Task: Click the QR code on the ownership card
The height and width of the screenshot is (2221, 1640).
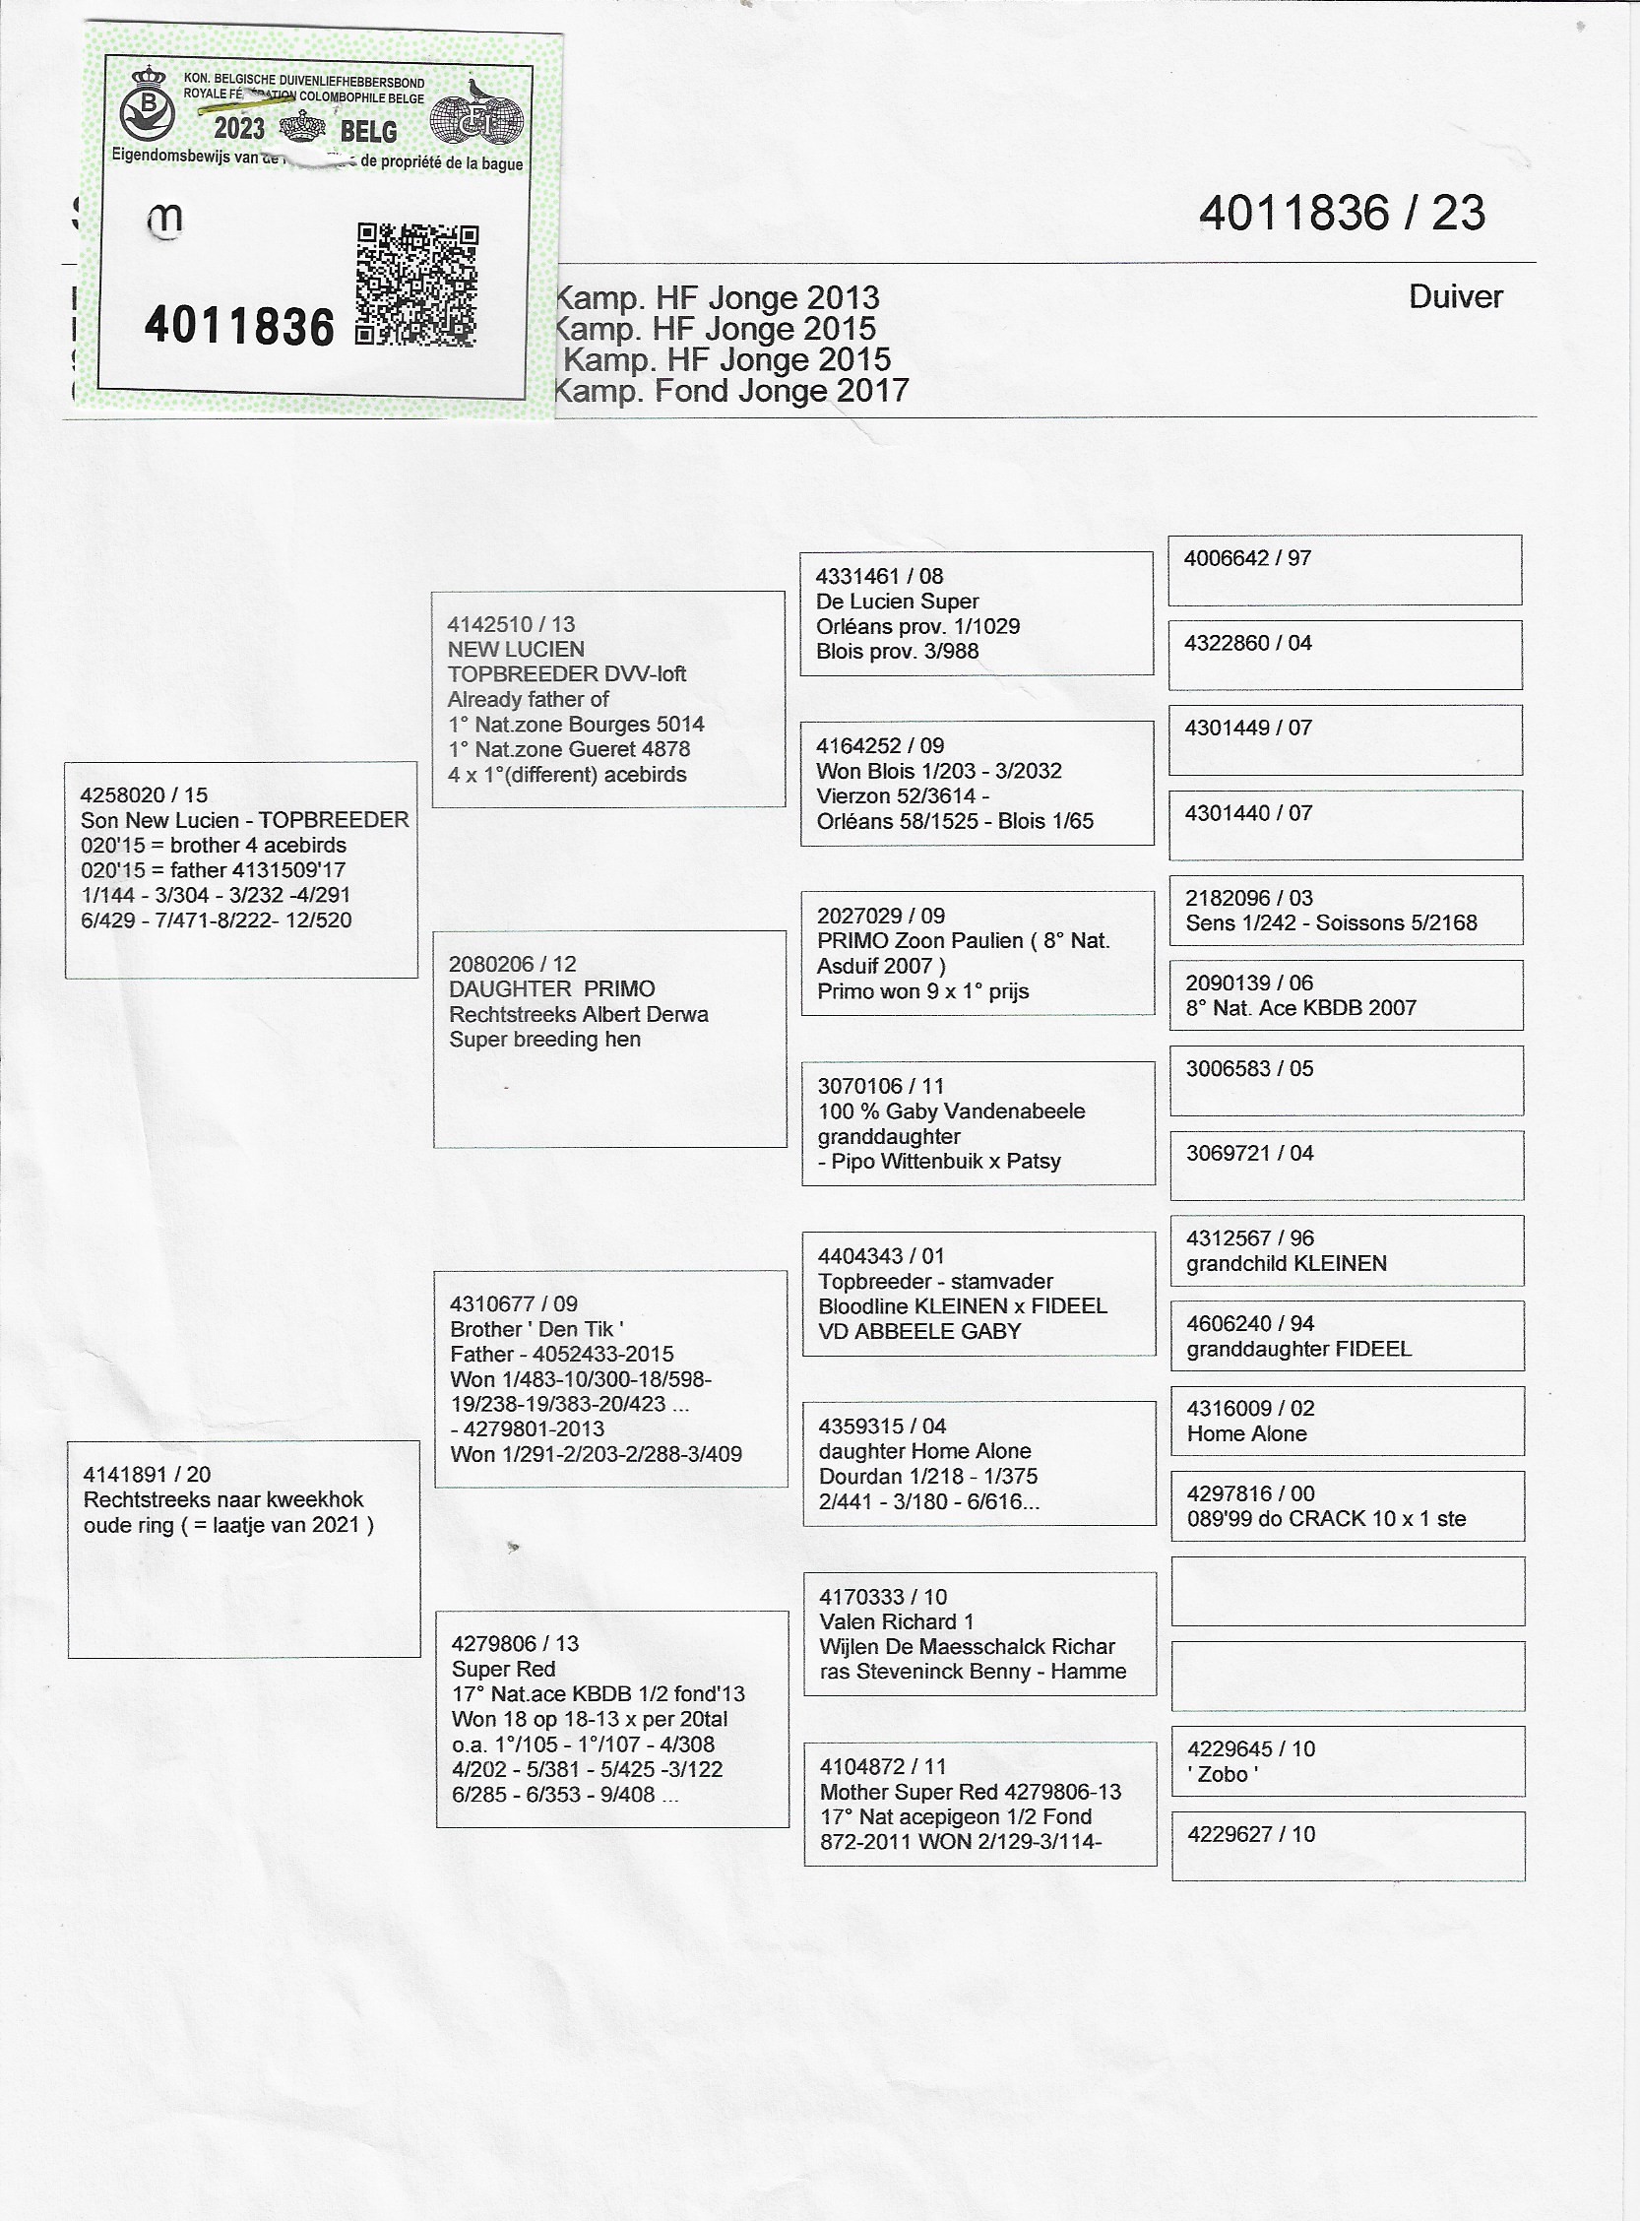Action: (x=417, y=285)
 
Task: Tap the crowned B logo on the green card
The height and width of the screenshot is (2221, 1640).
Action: (x=148, y=104)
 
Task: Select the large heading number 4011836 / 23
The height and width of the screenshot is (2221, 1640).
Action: (x=1341, y=214)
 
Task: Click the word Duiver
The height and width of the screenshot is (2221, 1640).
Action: (x=1454, y=297)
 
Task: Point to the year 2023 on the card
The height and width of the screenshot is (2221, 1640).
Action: (x=239, y=129)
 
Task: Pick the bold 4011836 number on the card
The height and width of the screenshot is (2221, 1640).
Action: (x=239, y=327)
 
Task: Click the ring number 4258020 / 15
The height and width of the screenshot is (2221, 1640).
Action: (x=144, y=795)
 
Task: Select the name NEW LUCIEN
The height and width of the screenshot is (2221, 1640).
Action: (x=515, y=650)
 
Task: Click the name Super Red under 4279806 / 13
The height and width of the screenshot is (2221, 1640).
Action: (x=502, y=1669)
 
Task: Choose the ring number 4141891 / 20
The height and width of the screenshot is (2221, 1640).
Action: (x=147, y=1475)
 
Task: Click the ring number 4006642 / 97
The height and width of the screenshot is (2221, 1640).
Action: (x=1247, y=558)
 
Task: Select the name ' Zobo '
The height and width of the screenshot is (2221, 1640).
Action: (x=1222, y=1774)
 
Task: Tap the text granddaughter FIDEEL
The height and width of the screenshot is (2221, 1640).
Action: (x=1298, y=1349)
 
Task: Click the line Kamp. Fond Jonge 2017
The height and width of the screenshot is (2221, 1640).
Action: (x=729, y=391)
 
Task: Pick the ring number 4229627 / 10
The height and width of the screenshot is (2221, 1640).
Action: (x=1251, y=1834)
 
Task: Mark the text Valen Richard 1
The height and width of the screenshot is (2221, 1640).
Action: (x=896, y=1621)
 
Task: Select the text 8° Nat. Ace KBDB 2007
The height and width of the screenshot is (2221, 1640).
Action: (x=1300, y=1008)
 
